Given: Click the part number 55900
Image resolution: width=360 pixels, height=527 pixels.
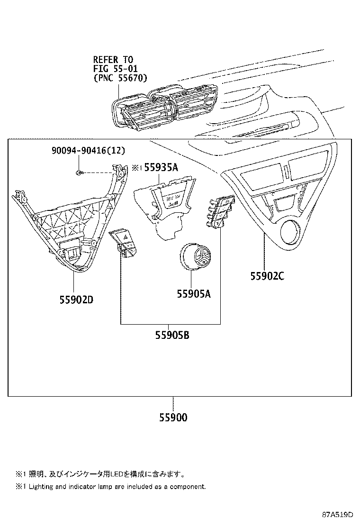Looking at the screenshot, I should [x=173, y=418].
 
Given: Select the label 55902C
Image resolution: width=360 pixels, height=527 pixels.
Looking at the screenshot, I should [x=267, y=276].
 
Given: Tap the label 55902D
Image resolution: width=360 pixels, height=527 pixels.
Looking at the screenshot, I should [x=76, y=300].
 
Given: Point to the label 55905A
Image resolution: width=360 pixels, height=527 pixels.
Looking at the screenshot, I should [x=193, y=294].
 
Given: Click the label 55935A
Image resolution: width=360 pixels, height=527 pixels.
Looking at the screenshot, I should [x=161, y=167].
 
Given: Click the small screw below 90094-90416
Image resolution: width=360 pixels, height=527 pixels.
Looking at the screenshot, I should [x=80, y=173].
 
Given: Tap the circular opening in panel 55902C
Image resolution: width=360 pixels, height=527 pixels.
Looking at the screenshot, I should [x=290, y=233].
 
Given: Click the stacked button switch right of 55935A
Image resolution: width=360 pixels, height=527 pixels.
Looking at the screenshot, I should [x=218, y=212].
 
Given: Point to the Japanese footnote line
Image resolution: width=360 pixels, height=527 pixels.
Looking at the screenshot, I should [x=99, y=474].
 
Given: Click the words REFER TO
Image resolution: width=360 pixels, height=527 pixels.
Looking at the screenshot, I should [x=113, y=60].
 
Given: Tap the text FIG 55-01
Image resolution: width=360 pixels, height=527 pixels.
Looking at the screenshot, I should [x=113, y=68].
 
